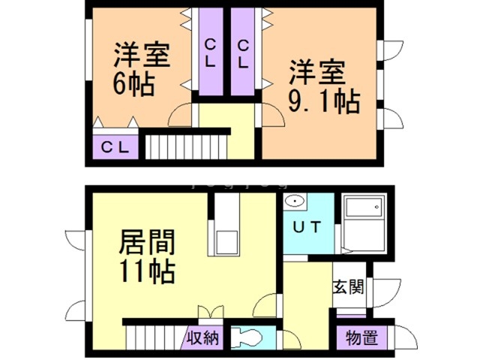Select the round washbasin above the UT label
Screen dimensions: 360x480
pyautogui.click(x=295, y=202)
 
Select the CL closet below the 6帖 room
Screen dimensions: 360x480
pyautogui.click(x=115, y=146)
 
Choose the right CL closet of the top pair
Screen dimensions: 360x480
pyautogui.click(x=242, y=53)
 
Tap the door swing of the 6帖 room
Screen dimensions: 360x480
pyautogui.click(x=181, y=114)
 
